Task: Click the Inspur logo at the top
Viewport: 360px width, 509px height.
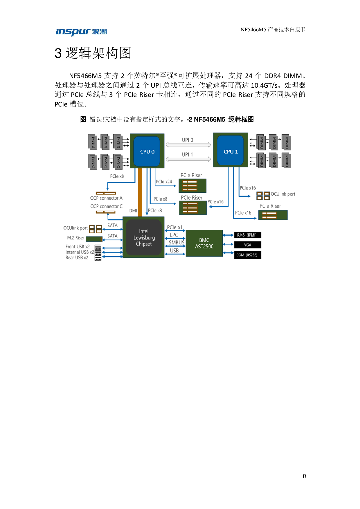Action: [x=81, y=32]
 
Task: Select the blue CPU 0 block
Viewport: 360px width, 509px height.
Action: [x=147, y=151]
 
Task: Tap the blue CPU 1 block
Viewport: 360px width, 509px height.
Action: [x=231, y=151]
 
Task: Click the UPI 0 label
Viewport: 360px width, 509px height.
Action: [x=188, y=140]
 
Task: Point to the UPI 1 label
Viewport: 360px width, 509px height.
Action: [x=188, y=155]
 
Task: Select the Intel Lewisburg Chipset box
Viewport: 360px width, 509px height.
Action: [x=144, y=237]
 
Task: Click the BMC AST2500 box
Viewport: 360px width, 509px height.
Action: [x=204, y=243]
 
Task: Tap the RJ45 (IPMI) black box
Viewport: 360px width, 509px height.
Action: [x=248, y=235]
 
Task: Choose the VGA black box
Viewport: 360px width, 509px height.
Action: [x=248, y=245]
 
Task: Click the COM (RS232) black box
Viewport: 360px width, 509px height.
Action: [x=248, y=255]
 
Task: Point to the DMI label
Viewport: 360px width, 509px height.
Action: [x=133, y=211]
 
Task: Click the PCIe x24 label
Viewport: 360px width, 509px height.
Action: [x=164, y=182]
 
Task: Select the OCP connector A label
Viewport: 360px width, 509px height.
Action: [x=106, y=198]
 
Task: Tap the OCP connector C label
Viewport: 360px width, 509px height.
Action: [x=106, y=206]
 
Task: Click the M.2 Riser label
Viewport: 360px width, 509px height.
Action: [x=76, y=238]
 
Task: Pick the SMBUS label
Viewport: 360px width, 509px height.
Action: [x=177, y=243]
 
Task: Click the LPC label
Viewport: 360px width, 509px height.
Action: [x=174, y=235]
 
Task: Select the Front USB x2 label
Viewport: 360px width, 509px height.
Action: [x=78, y=247]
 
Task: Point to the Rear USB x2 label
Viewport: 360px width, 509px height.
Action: [x=77, y=258]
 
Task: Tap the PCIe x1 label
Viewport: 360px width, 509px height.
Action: [x=175, y=227]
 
